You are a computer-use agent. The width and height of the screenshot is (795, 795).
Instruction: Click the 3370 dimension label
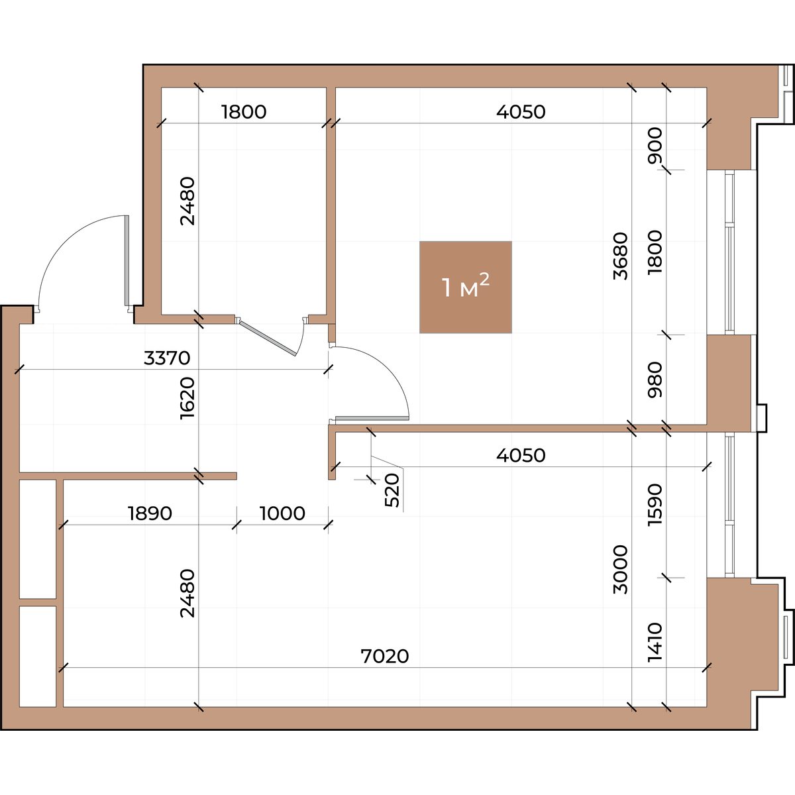[x=167, y=358]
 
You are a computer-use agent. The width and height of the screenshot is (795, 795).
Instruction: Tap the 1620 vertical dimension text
[x=187, y=399]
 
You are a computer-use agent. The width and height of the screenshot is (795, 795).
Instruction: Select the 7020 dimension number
[x=384, y=657]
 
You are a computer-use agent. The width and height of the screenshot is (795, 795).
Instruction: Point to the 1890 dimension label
[x=150, y=513]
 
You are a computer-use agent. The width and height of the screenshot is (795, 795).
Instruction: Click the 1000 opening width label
[x=283, y=513]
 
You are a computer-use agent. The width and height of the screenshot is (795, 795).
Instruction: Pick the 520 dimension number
[x=392, y=490]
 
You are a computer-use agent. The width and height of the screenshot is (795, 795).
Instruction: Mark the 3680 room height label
[x=621, y=256]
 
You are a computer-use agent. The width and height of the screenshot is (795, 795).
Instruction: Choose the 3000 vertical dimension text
[x=621, y=570]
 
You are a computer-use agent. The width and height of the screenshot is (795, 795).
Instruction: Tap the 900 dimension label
[x=655, y=146]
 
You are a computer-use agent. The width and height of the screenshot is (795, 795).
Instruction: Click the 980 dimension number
[x=655, y=380]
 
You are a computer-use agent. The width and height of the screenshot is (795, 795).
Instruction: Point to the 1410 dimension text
[x=655, y=642]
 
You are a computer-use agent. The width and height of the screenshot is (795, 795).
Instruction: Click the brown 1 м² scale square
[x=466, y=287]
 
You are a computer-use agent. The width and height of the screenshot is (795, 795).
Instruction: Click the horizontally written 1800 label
[x=244, y=112]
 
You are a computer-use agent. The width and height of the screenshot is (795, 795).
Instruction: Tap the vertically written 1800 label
[x=655, y=252]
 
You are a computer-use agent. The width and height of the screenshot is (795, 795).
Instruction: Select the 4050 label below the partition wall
[x=521, y=455]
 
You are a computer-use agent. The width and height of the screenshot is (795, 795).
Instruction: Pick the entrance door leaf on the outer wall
[x=127, y=261]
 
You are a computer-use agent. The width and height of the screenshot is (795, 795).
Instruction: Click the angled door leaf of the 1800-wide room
[x=268, y=339]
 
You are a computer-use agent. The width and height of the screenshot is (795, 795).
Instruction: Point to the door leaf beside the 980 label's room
[x=372, y=418]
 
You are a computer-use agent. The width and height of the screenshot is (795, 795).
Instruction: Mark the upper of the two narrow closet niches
[x=38, y=539]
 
